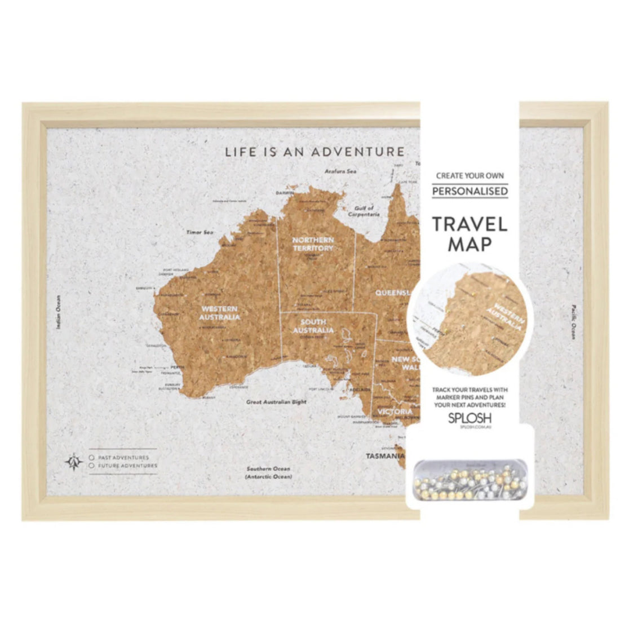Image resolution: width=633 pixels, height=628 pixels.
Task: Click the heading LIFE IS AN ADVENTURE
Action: point(315,152)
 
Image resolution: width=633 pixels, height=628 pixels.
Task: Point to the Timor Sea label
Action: point(200,232)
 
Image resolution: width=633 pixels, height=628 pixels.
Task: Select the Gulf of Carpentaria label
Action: point(364,211)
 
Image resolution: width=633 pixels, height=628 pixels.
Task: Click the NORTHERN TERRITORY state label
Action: point(313,244)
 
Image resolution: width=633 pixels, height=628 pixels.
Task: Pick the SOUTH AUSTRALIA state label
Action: point(313,326)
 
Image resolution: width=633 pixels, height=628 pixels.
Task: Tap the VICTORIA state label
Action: point(395,412)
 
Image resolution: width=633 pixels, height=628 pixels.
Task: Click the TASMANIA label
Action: point(385,455)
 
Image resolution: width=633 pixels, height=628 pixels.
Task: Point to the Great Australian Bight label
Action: point(276,403)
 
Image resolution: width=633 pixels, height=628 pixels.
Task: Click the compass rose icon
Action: point(73,462)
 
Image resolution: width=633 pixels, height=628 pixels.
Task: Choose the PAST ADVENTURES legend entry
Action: point(122,458)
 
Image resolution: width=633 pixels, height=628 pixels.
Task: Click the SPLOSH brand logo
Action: point(469,418)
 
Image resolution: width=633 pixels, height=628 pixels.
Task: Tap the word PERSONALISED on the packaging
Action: point(470,191)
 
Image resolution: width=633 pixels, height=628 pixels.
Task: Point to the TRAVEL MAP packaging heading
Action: point(470,233)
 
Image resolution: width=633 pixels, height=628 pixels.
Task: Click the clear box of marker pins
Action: point(470,480)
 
